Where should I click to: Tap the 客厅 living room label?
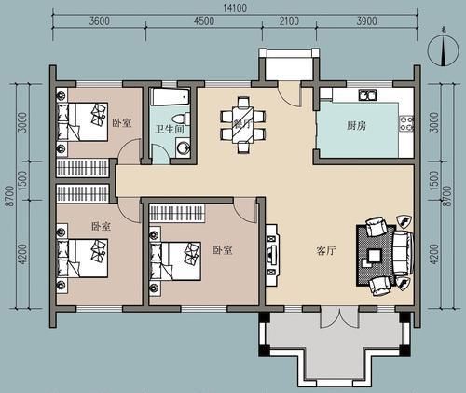click(x=325, y=251)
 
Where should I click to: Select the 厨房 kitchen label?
click(x=357, y=124)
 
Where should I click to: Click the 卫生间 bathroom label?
click(x=169, y=130)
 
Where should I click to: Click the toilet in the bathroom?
click(x=185, y=119)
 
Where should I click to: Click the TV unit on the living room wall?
click(x=272, y=253)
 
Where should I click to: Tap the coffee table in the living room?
click(x=374, y=255)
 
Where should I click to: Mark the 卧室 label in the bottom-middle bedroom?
click(x=221, y=249)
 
